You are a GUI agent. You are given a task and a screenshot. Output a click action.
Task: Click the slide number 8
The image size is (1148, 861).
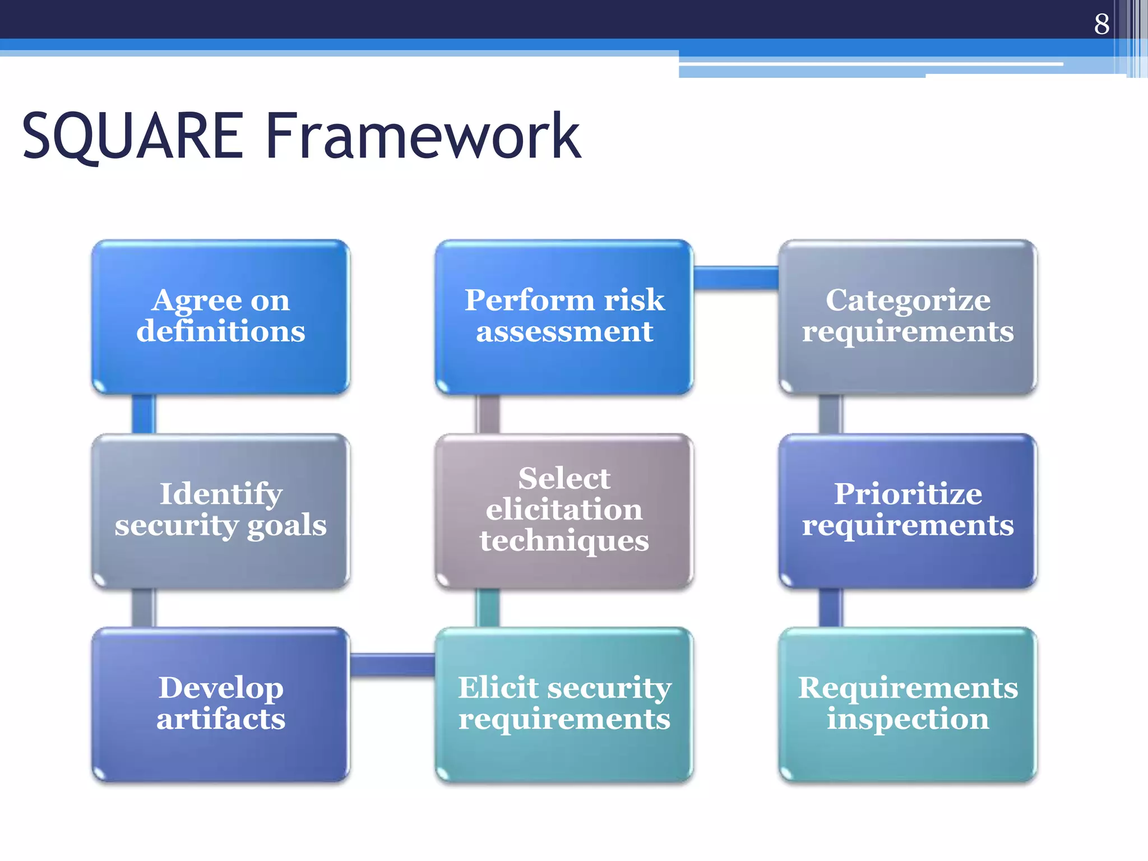tap(1101, 24)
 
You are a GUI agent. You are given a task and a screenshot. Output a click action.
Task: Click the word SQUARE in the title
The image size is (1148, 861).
tap(132, 136)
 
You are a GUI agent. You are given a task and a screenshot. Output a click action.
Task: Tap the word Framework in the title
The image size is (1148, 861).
tap(423, 136)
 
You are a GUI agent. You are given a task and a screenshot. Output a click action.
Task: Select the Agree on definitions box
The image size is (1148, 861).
tap(221, 317)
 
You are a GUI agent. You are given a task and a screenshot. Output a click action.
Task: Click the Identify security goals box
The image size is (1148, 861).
tap(221, 511)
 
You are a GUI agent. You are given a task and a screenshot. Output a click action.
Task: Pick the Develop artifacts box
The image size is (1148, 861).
tap(221, 705)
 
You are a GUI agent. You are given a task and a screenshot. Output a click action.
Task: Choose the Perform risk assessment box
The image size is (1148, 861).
tap(564, 317)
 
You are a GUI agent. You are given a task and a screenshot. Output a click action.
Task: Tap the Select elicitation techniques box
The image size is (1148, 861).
tap(564, 511)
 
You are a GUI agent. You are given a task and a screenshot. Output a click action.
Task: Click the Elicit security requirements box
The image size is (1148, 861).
tap(564, 705)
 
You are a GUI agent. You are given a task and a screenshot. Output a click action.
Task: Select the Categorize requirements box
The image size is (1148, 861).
tap(908, 317)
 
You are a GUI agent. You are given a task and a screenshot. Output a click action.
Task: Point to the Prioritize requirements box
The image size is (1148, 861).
tap(908, 511)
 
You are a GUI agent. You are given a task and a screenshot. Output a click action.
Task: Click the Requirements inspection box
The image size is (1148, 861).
tap(908, 705)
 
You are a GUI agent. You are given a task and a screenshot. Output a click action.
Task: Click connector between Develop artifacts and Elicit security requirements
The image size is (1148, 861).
tap(392, 665)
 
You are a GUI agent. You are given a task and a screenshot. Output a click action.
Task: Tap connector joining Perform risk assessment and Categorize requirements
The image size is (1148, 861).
tap(735, 278)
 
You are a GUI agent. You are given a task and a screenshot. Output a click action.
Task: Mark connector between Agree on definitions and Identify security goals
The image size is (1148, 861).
tap(143, 414)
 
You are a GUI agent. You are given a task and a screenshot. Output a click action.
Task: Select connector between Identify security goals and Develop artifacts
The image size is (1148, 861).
tap(143, 608)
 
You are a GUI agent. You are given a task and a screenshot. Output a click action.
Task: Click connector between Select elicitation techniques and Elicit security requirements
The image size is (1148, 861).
tap(488, 608)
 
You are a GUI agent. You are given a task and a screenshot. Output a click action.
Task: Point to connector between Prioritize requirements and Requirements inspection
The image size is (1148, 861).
tap(831, 608)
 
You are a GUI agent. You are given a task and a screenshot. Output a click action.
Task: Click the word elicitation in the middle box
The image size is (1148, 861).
tap(564, 510)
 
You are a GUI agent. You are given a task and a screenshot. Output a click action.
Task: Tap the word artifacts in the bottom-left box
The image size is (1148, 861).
tap(221, 719)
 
